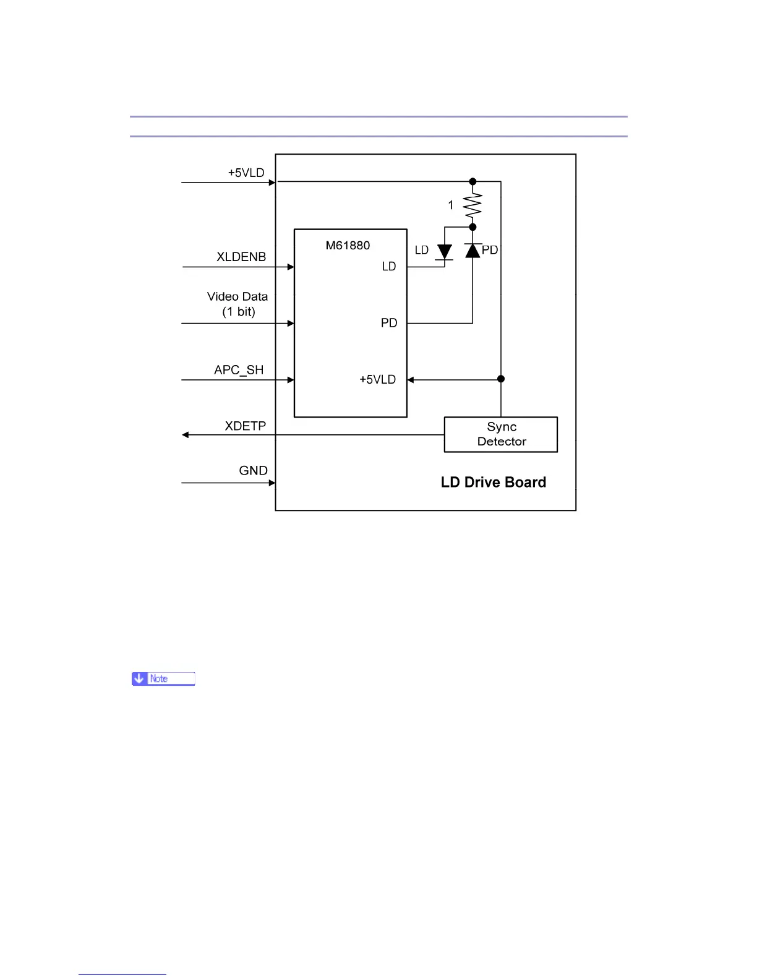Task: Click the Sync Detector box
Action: pos(500,434)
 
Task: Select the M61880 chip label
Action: pos(348,246)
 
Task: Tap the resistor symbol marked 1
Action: pos(473,205)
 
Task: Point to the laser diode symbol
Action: pos(444,252)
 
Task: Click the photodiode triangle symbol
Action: pos(473,251)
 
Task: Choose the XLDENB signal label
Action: pos(241,257)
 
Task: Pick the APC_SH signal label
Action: pos(239,370)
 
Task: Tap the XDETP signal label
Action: pos(245,426)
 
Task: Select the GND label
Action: pos(253,471)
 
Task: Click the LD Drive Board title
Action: pos(493,483)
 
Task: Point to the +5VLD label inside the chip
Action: pos(377,380)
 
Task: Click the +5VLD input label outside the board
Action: pos(246,173)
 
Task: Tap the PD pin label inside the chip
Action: pos(389,323)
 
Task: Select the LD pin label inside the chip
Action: pos(389,267)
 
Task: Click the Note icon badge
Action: pos(163,679)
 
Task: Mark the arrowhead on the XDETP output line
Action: pos(186,435)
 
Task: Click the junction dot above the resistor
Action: pos(473,181)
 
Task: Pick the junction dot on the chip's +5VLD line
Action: pos(501,379)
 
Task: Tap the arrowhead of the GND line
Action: pos(272,483)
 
